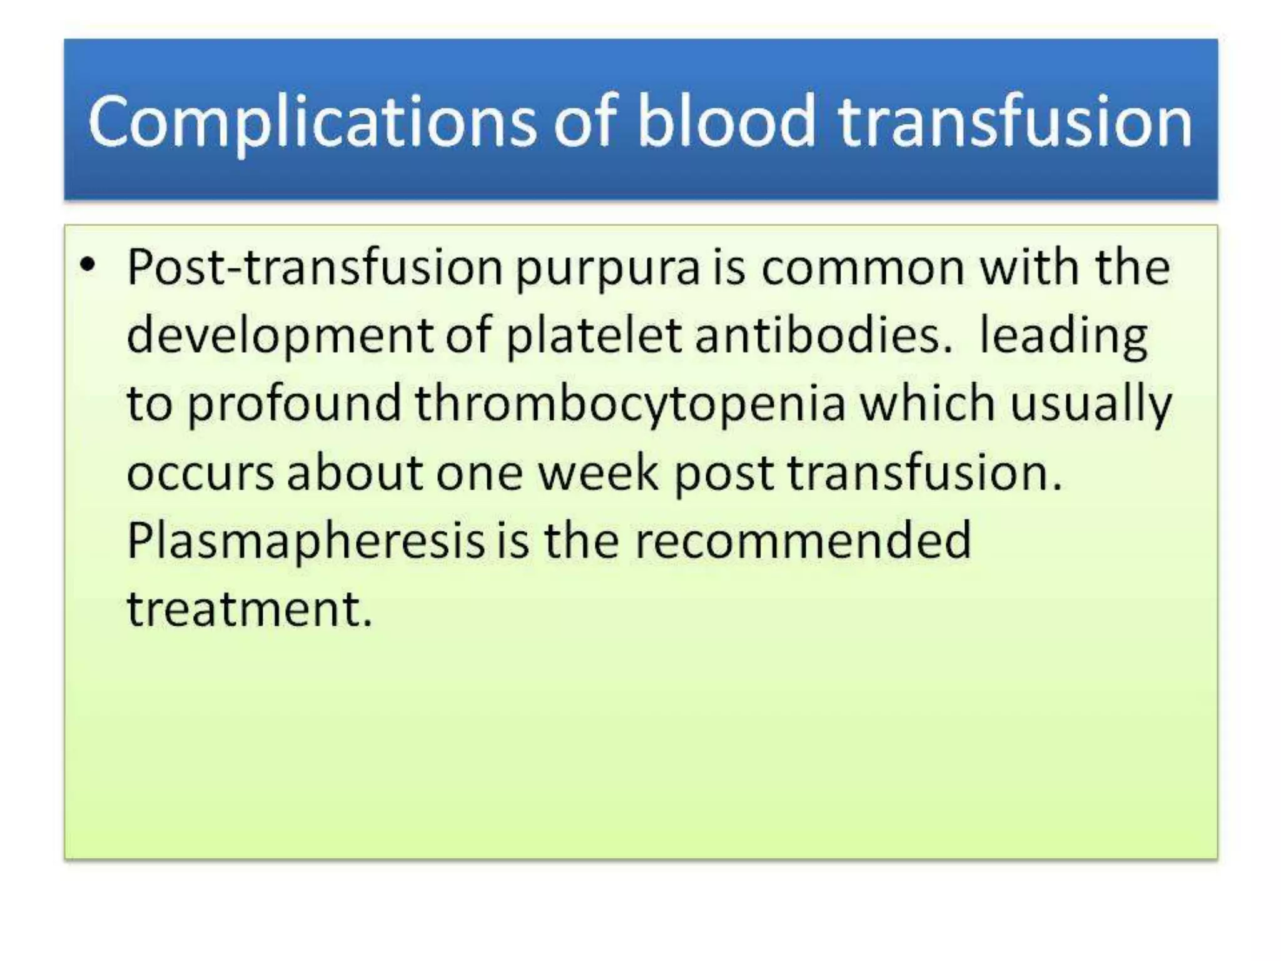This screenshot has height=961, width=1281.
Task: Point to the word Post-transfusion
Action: coord(315,268)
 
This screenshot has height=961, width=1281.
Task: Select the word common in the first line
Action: coord(863,268)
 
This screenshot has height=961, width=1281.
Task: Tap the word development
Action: coord(280,337)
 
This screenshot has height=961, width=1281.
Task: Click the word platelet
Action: coord(593,337)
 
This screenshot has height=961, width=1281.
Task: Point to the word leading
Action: coord(1063,337)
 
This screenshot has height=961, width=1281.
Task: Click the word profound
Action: coord(294,404)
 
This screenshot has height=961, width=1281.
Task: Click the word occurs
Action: coord(200,472)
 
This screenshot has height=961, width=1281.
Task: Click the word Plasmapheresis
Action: coord(305,542)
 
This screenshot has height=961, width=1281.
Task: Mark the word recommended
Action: coord(803,541)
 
